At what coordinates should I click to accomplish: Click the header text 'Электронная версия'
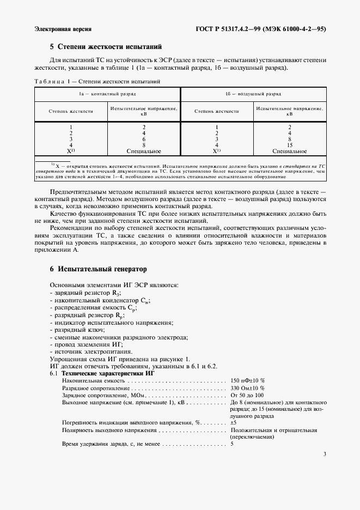[62, 28]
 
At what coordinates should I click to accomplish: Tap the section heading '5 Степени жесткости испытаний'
[106, 48]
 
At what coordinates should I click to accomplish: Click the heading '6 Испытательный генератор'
[98, 269]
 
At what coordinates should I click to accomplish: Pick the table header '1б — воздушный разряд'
[253, 94]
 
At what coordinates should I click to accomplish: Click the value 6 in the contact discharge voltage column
[144, 139]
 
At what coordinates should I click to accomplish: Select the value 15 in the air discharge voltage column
[289, 145]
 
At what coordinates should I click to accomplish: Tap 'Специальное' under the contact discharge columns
[144, 151]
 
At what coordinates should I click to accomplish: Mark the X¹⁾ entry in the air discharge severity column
[217, 151]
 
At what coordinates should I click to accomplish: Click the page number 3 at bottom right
[324, 454]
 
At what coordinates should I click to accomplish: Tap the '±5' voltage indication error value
[234, 422]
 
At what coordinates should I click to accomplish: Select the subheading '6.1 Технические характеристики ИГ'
[97, 373]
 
